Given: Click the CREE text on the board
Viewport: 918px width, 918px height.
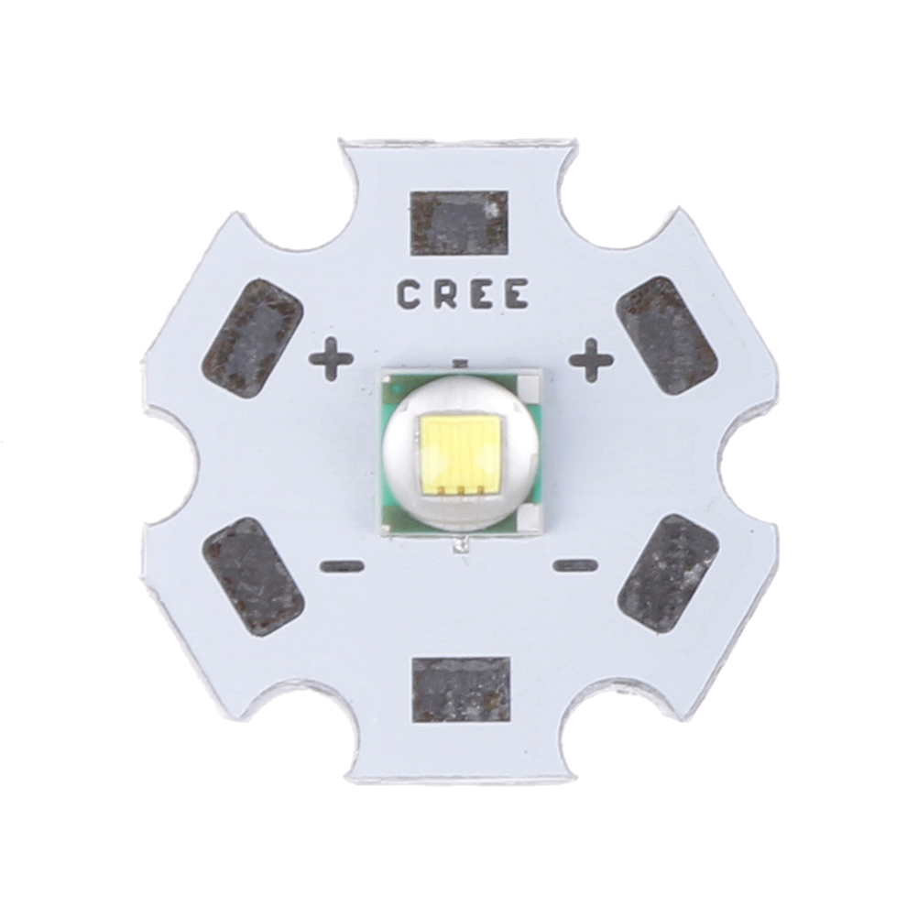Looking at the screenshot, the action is click(x=463, y=294).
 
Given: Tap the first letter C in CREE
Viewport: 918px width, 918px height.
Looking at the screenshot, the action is click(x=410, y=294).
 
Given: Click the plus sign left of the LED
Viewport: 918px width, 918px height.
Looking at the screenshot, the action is click(x=331, y=359).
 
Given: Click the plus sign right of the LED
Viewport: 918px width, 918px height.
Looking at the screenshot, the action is click(x=592, y=359).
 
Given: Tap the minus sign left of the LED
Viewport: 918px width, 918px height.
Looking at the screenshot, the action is click(x=342, y=566).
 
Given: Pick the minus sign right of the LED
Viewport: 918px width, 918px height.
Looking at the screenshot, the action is click(x=575, y=565).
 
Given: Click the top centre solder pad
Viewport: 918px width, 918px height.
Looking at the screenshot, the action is click(x=458, y=223).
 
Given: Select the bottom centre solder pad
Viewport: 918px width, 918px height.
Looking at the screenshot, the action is click(x=462, y=690).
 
